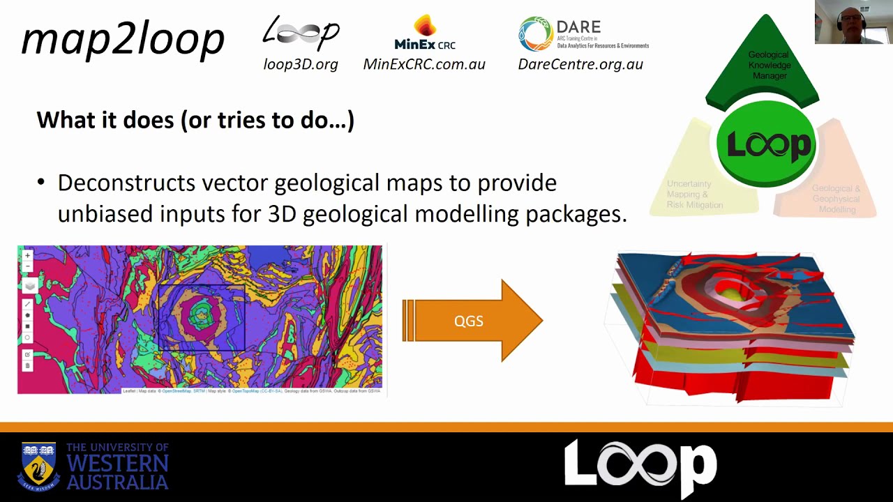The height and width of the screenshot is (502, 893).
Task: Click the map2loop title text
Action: [x=123, y=39]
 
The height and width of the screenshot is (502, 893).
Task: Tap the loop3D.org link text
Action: [x=301, y=64]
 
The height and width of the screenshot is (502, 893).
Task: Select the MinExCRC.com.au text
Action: [x=424, y=64]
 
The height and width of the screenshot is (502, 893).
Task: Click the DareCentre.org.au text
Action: [x=580, y=64]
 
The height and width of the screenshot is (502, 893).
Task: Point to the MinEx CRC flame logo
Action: [x=424, y=26]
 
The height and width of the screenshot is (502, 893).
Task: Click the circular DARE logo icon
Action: [x=535, y=33]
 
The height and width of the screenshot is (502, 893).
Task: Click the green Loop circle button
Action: [x=767, y=144]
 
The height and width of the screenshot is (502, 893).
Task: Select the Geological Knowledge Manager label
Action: [x=769, y=65]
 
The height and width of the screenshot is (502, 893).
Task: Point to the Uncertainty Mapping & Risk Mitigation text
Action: [x=695, y=195]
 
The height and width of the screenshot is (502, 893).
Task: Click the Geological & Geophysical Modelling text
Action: [x=836, y=199]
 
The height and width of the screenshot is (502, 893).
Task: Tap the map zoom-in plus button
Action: [x=28, y=256]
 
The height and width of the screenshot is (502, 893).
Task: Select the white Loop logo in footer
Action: [x=640, y=466]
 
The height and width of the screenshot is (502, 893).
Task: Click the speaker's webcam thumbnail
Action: [x=853, y=22]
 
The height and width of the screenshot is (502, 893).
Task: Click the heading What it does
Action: [x=195, y=120]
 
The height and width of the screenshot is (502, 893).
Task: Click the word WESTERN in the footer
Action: [x=117, y=464]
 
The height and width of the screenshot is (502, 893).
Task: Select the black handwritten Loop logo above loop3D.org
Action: [x=301, y=33]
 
